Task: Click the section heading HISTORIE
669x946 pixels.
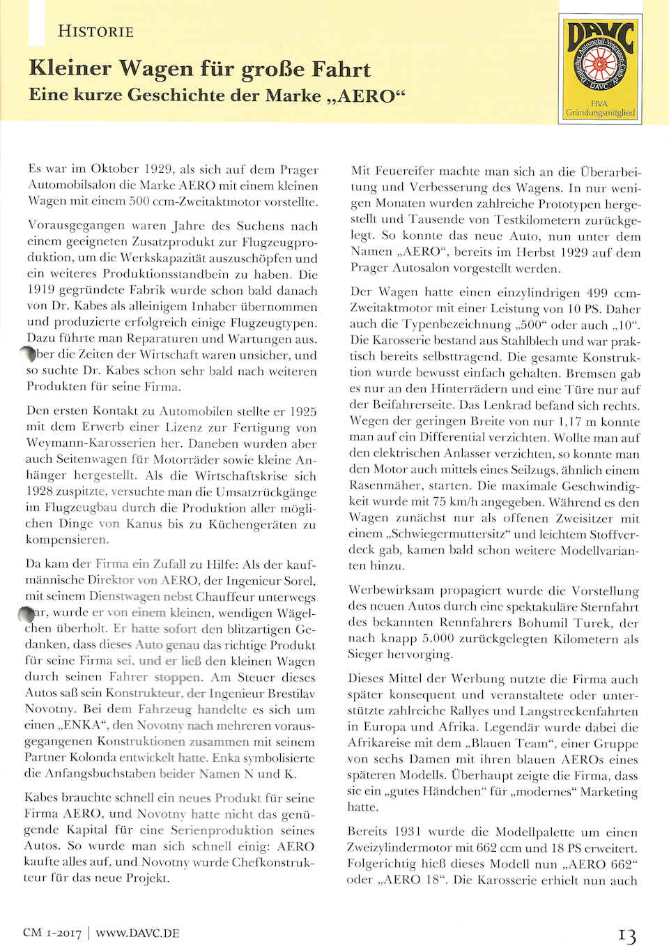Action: pyautogui.click(x=95, y=31)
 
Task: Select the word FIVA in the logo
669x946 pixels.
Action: pyautogui.click(x=599, y=103)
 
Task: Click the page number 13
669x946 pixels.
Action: pyautogui.click(x=626, y=935)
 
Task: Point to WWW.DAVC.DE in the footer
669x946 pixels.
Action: pyautogui.click(x=137, y=933)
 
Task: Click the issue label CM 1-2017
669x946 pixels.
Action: pyautogui.click(x=52, y=933)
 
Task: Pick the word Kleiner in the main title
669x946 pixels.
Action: pyautogui.click(x=70, y=68)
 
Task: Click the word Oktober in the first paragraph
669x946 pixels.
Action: pyautogui.click(x=115, y=169)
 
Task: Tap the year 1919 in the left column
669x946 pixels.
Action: pyautogui.click(x=45, y=290)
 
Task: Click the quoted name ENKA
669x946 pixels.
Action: pyautogui.click(x=82, y=724)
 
